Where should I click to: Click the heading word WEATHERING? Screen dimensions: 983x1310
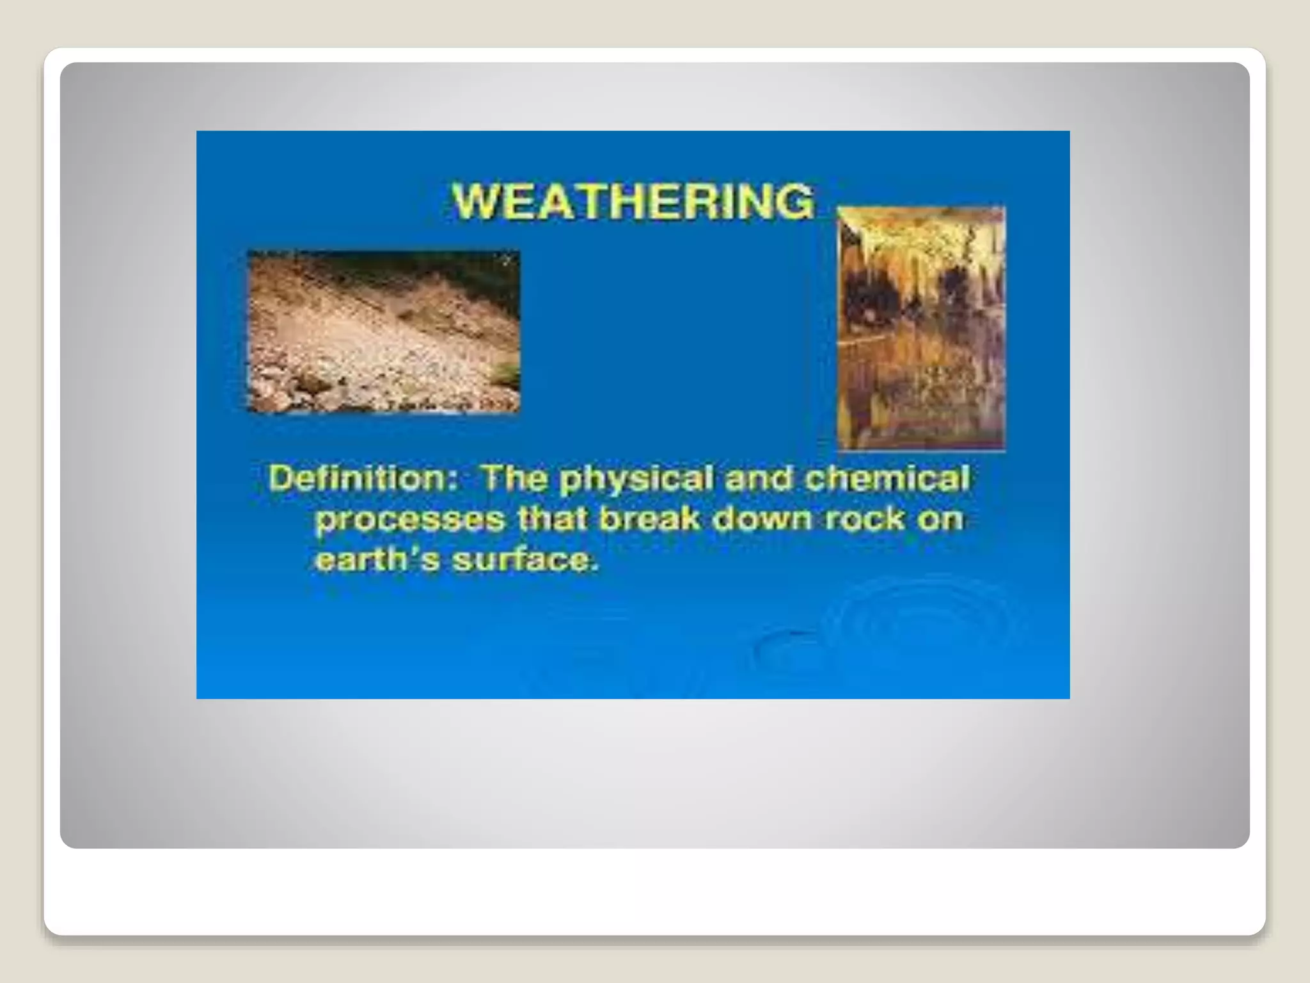click(x=633, y=201)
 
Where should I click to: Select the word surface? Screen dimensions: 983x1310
click(x=521, y=560)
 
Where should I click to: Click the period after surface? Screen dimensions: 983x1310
click(x=595, y=568)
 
